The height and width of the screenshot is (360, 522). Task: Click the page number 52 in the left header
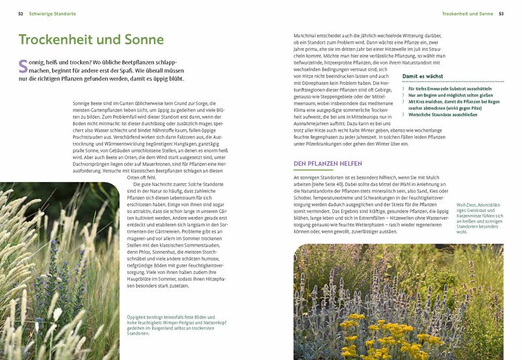(x=21, y=13)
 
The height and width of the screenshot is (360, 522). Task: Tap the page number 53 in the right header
(x=500, y=13)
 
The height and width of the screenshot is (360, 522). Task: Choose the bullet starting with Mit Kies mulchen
(x=450, y=102)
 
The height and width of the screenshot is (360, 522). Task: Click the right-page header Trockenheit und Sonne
(x=467, y=13)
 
